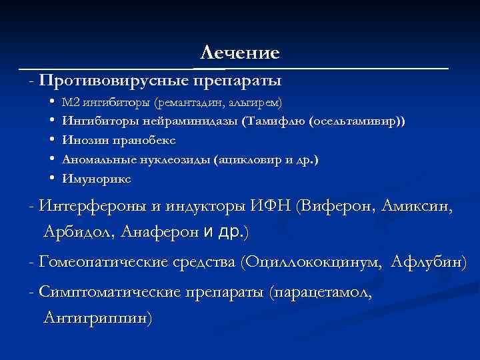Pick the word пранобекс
129,141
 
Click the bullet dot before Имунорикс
51,179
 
